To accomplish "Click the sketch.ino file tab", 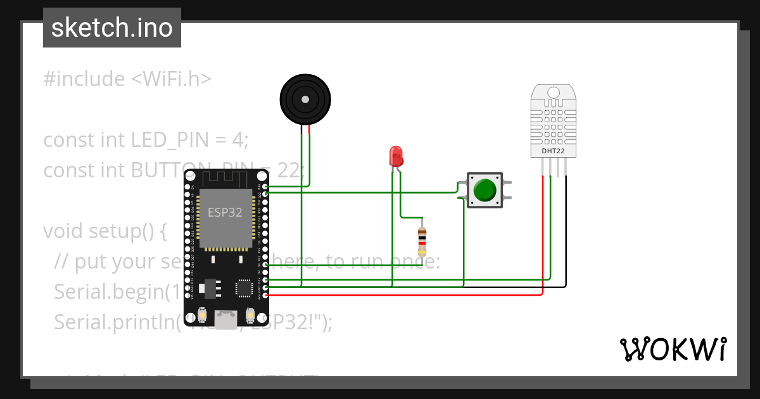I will coord(111,28).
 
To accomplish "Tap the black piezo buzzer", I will coord(305,99).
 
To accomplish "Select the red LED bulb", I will coord(396,156).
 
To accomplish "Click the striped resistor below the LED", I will coord(422,241).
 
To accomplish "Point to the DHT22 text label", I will coord(553,152).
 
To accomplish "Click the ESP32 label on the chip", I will coord(225,213).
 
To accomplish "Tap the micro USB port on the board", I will coord(225,319).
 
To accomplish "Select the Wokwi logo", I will coord(672,349).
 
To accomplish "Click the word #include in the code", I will coord(84,79).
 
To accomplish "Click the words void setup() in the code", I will coord(104,231).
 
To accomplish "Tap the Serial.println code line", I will coord(114,322).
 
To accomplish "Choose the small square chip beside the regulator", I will coord(244,288).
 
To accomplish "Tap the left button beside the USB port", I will coord(202,315).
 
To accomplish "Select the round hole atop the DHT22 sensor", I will coord(553,93).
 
